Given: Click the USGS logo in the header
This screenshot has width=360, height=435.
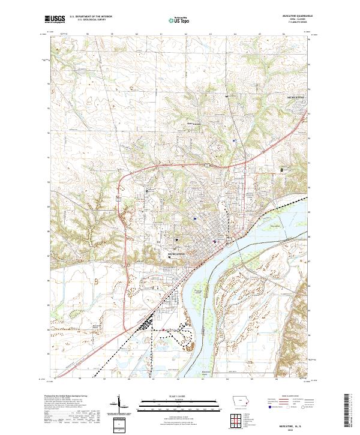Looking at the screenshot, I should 55,19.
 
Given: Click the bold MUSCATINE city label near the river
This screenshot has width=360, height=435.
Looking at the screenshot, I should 178,254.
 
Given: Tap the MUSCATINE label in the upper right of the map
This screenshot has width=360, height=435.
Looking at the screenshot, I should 296,97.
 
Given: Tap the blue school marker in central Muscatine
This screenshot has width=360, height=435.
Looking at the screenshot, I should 195,219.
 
